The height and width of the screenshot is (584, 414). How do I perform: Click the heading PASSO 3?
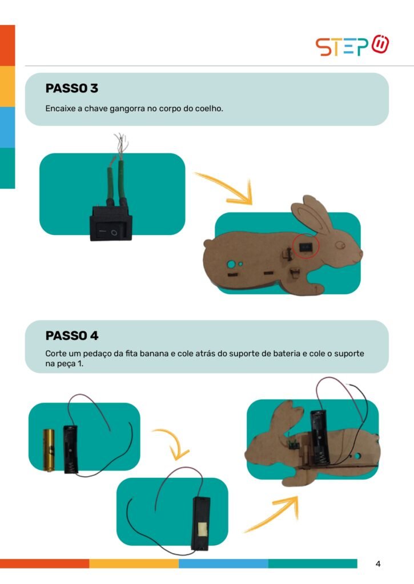pos(71,88)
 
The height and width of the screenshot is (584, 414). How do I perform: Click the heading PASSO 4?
pos(72,335)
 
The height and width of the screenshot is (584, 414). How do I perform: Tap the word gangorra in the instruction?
pos(127,109)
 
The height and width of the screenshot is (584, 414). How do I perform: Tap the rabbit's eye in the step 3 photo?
pos(340,245)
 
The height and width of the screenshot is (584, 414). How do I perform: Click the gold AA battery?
pos(49,450)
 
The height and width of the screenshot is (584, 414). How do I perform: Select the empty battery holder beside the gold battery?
pos(70,449)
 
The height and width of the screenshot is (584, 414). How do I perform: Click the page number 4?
pos(378,564)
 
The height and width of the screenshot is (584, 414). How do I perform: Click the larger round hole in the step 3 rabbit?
pos(231,265)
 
